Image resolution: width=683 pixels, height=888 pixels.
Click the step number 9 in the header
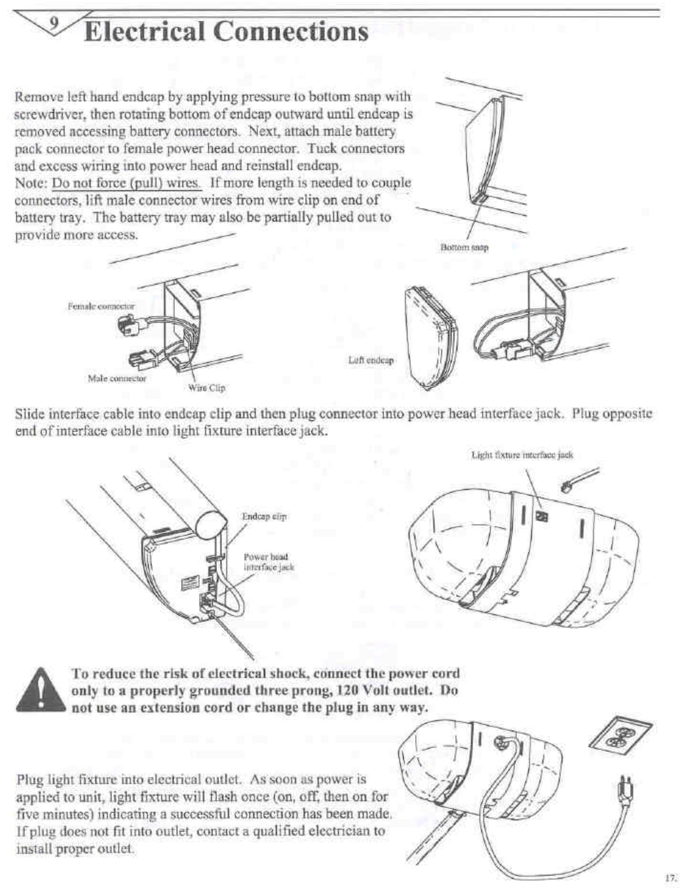55,24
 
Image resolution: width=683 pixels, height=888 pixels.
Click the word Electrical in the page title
144,31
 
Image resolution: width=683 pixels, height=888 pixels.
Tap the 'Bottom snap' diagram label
464,247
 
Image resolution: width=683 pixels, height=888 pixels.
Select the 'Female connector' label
101,306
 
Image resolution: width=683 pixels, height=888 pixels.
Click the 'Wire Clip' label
207,387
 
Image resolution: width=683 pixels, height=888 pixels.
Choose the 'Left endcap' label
371,360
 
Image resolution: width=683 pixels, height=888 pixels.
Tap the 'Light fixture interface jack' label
522,455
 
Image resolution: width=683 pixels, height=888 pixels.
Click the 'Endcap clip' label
264,516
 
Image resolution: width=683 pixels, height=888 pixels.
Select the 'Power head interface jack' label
269,561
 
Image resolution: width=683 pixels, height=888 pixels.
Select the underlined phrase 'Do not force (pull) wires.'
127,183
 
